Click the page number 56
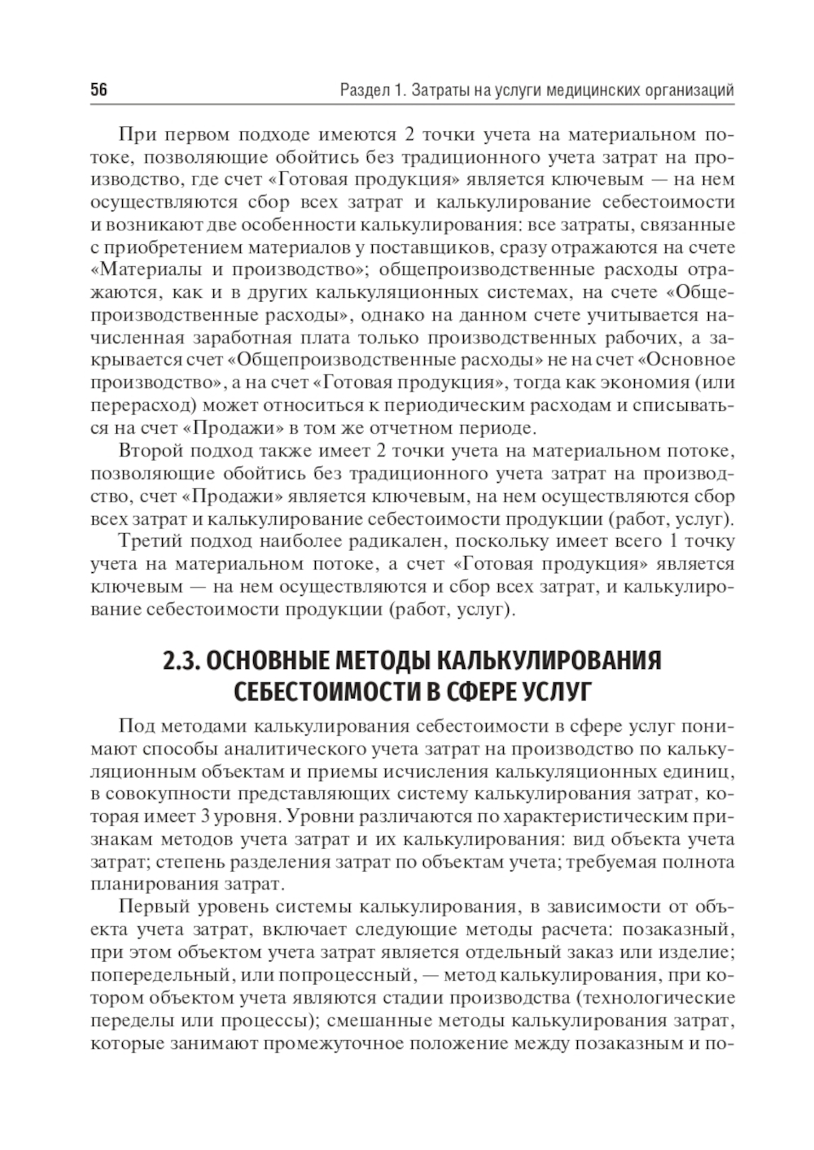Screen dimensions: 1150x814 point(98,90)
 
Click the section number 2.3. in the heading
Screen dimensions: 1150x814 point(181,660)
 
